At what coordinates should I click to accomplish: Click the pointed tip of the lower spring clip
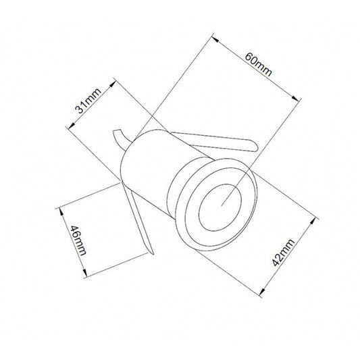coord(153,256)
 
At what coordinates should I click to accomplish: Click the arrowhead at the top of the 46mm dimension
coord(61,208)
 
